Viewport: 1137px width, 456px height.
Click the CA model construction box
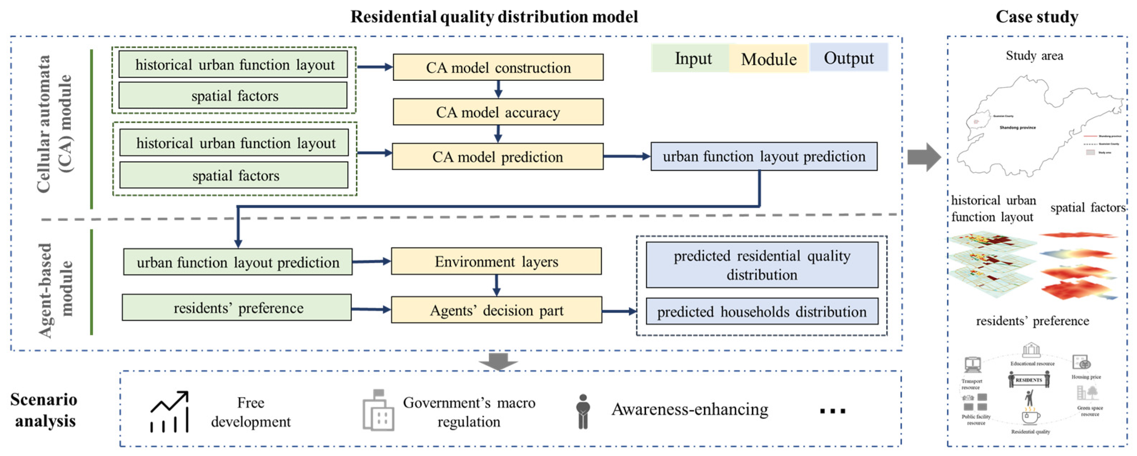pyautogui.click(x=498, y=67)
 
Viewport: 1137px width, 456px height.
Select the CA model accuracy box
pyautogui.click(x=498, y=112)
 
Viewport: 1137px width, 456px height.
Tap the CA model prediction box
pyautogui.click(x=498, y=156)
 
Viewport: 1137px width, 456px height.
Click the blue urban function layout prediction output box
pyautogui.click(x=764, y=156)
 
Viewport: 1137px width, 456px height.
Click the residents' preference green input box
pyautogui.click(x=237, y=308)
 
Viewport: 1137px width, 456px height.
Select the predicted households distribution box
pyautogui.click(x=762, y=312)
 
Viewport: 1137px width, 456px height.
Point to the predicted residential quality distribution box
pyautogui.click(x=762, y=265)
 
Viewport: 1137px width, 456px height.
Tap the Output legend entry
pyautogui.click(x=848, y=58)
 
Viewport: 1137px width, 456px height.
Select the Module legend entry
pyautogui.click(x=769, y=59)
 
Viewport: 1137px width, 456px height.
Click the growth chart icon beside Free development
pyautogui.click(x=169, y=411)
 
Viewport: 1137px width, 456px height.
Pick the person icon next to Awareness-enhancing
pyautogui.click(x=583, y=411)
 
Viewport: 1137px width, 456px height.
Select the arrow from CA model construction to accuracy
pyautogui.click(x=498, y=89)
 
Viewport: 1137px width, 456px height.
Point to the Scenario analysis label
pyautogui.click(x=44, y=410)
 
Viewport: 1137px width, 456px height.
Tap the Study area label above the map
pyautogui.click(x=1034, y=56)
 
